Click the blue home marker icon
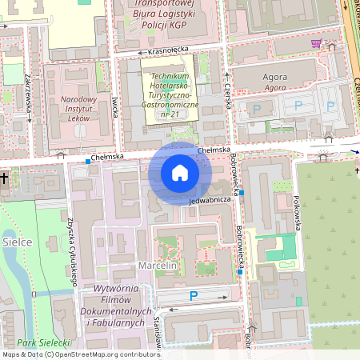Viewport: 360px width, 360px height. click(x=180, y=173)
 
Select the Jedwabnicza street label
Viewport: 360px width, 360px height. click(x=210, y=199)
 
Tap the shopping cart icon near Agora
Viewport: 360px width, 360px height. click(x=317, y=43)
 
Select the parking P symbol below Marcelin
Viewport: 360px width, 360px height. click(x=193, y=296)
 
